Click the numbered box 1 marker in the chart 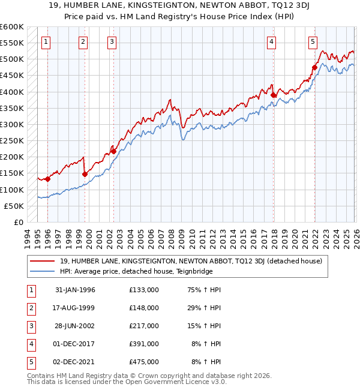(46, 41)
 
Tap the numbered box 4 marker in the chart (272, 41)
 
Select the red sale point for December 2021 (314, 67)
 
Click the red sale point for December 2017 (273, 95)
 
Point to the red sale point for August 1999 (85, 174)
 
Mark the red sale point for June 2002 (113, 151)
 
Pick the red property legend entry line (43, 261)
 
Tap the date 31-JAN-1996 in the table (75, 290)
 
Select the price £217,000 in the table (144, 326)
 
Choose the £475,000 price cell (144, 362)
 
